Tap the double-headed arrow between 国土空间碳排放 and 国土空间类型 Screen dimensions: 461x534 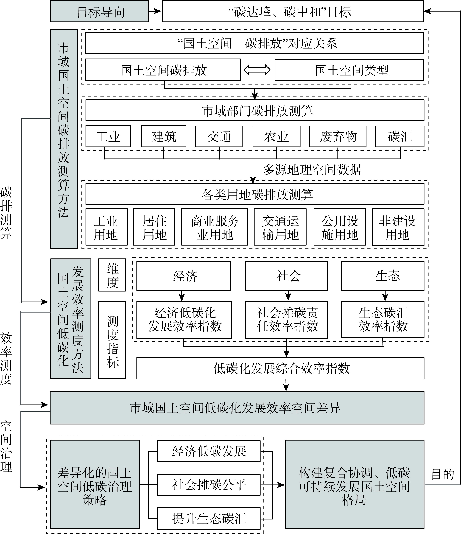257,70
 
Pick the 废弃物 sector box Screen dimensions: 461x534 338,136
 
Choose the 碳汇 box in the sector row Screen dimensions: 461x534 400,136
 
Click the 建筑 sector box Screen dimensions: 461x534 164,136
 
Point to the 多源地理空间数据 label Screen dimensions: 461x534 312,170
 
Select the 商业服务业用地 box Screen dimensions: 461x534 215,227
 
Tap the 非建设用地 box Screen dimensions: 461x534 398,227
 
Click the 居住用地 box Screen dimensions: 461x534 154,227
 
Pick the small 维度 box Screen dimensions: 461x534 112,275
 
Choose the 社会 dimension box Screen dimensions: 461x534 287,276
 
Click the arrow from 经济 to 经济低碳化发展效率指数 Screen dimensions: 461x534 182,296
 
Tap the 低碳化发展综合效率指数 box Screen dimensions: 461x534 280,368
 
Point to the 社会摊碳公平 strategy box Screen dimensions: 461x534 209,485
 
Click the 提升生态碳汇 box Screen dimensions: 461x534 209,518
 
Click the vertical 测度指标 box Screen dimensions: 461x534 112,340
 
